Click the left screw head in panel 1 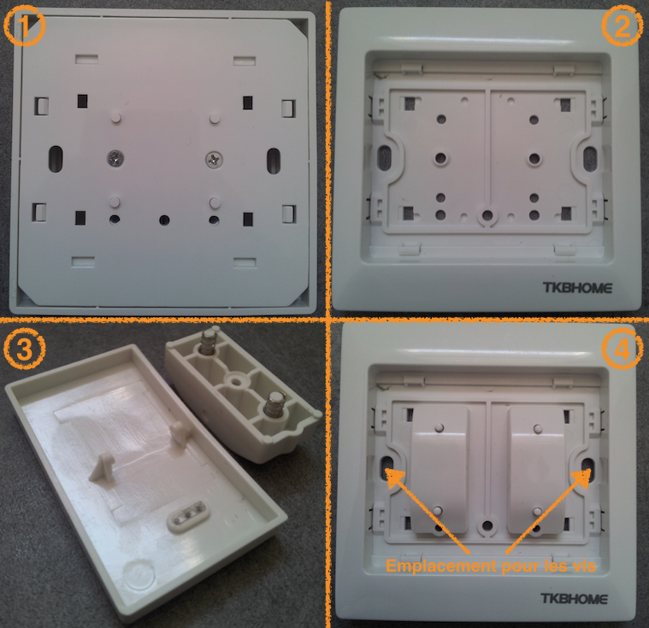pos(114,157)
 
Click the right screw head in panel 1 pos(213,158)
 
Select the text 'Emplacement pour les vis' pos(489,566)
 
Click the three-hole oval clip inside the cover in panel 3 pos(186,514)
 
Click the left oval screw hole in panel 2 pos(385,156)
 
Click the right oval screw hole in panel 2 pos(589,156)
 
